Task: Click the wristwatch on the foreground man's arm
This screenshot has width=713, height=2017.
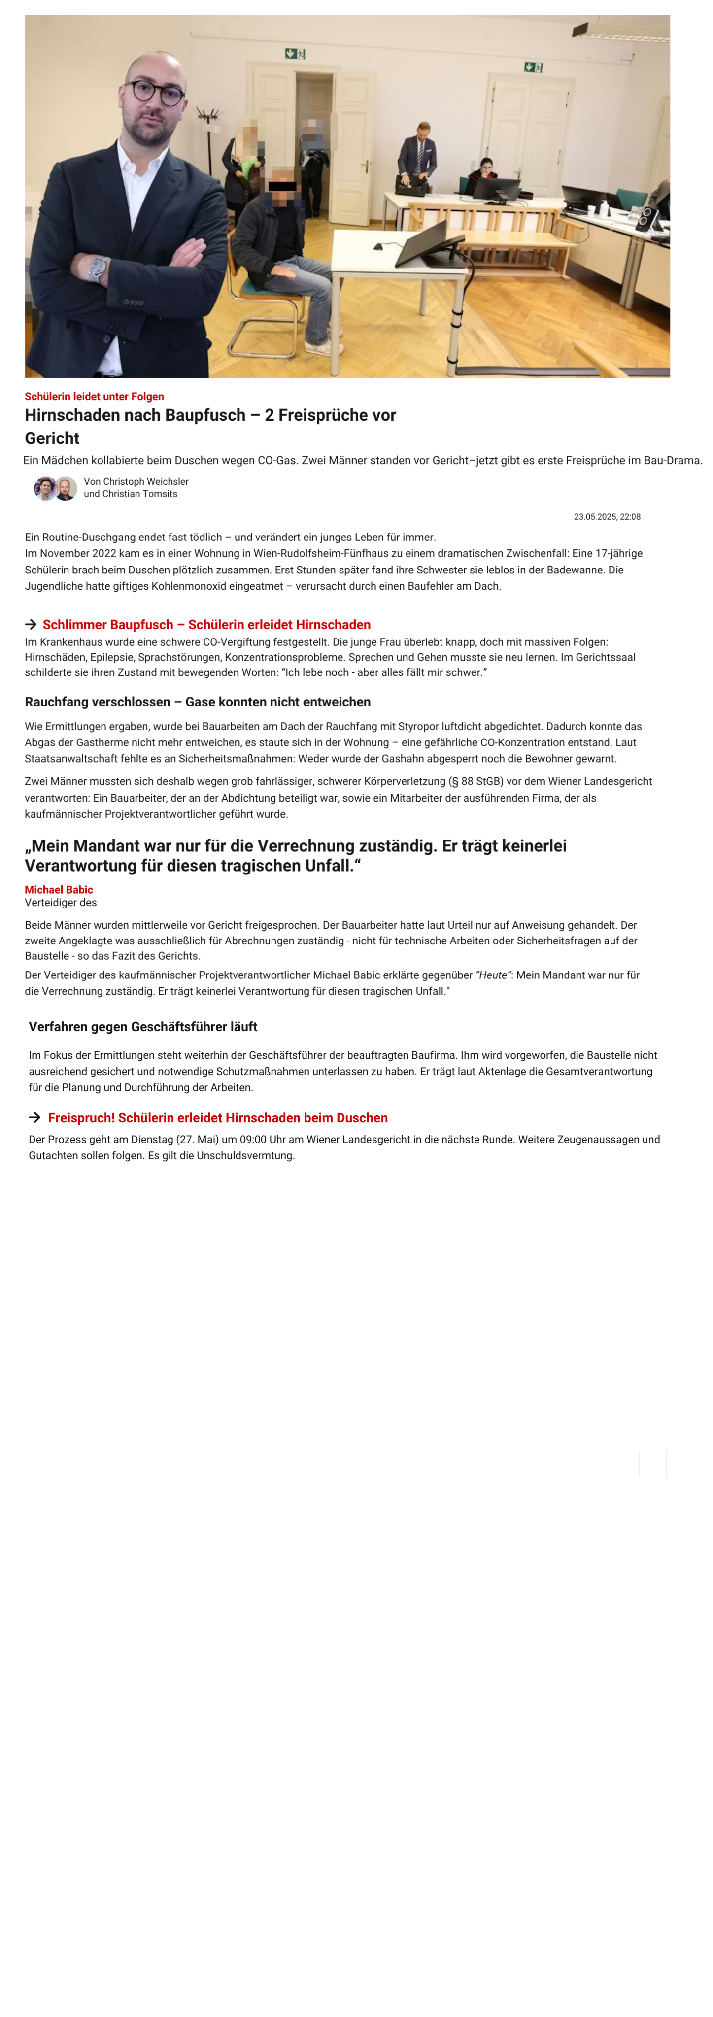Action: (97, 269)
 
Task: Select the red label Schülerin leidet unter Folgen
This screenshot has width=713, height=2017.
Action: (94, 396)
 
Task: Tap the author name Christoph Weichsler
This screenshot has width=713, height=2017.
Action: (146, 481)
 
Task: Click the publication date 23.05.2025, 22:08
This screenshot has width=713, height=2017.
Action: (607, 517)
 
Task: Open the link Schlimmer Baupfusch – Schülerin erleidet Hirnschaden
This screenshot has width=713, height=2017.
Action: (206, 624)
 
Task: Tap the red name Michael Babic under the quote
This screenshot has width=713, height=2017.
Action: (59, 889)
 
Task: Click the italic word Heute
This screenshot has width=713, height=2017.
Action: (493, 975)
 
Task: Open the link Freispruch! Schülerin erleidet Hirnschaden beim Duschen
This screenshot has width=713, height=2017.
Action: (218, 1117)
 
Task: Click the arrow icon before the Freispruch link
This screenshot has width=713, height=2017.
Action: (34, 1117)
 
